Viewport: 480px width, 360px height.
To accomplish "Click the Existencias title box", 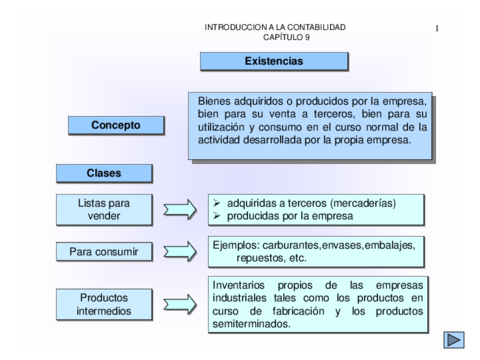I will tap(273, 61).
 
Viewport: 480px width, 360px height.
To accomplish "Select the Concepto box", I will tap(115, 125).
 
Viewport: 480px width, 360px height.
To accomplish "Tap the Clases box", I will tap(104, 173).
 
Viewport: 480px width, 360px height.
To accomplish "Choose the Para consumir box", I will tap(104, 251).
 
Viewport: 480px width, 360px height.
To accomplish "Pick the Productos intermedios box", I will tap(104, 303).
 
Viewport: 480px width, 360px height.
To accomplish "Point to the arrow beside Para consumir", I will tap(180, 251).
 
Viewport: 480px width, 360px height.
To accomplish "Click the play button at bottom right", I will tap(454, 339).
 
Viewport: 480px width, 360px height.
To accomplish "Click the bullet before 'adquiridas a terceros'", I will tap(217, 202).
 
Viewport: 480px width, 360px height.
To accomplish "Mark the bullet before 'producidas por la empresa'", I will tap(217, 215).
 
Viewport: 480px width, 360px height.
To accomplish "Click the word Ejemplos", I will tap(236, 243).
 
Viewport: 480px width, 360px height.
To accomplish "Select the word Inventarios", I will tap(240, 283).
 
